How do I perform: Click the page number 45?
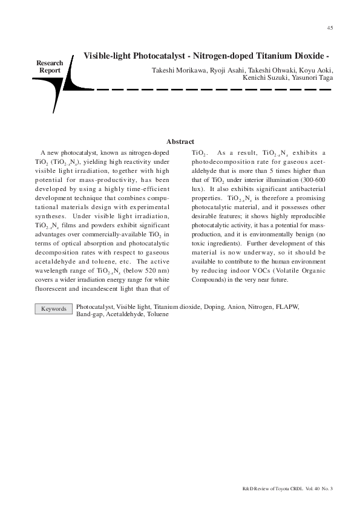pos(330,28)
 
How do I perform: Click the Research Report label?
pos(50,66)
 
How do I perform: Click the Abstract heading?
pos(180,141)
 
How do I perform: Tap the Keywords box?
pos(53,309)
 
